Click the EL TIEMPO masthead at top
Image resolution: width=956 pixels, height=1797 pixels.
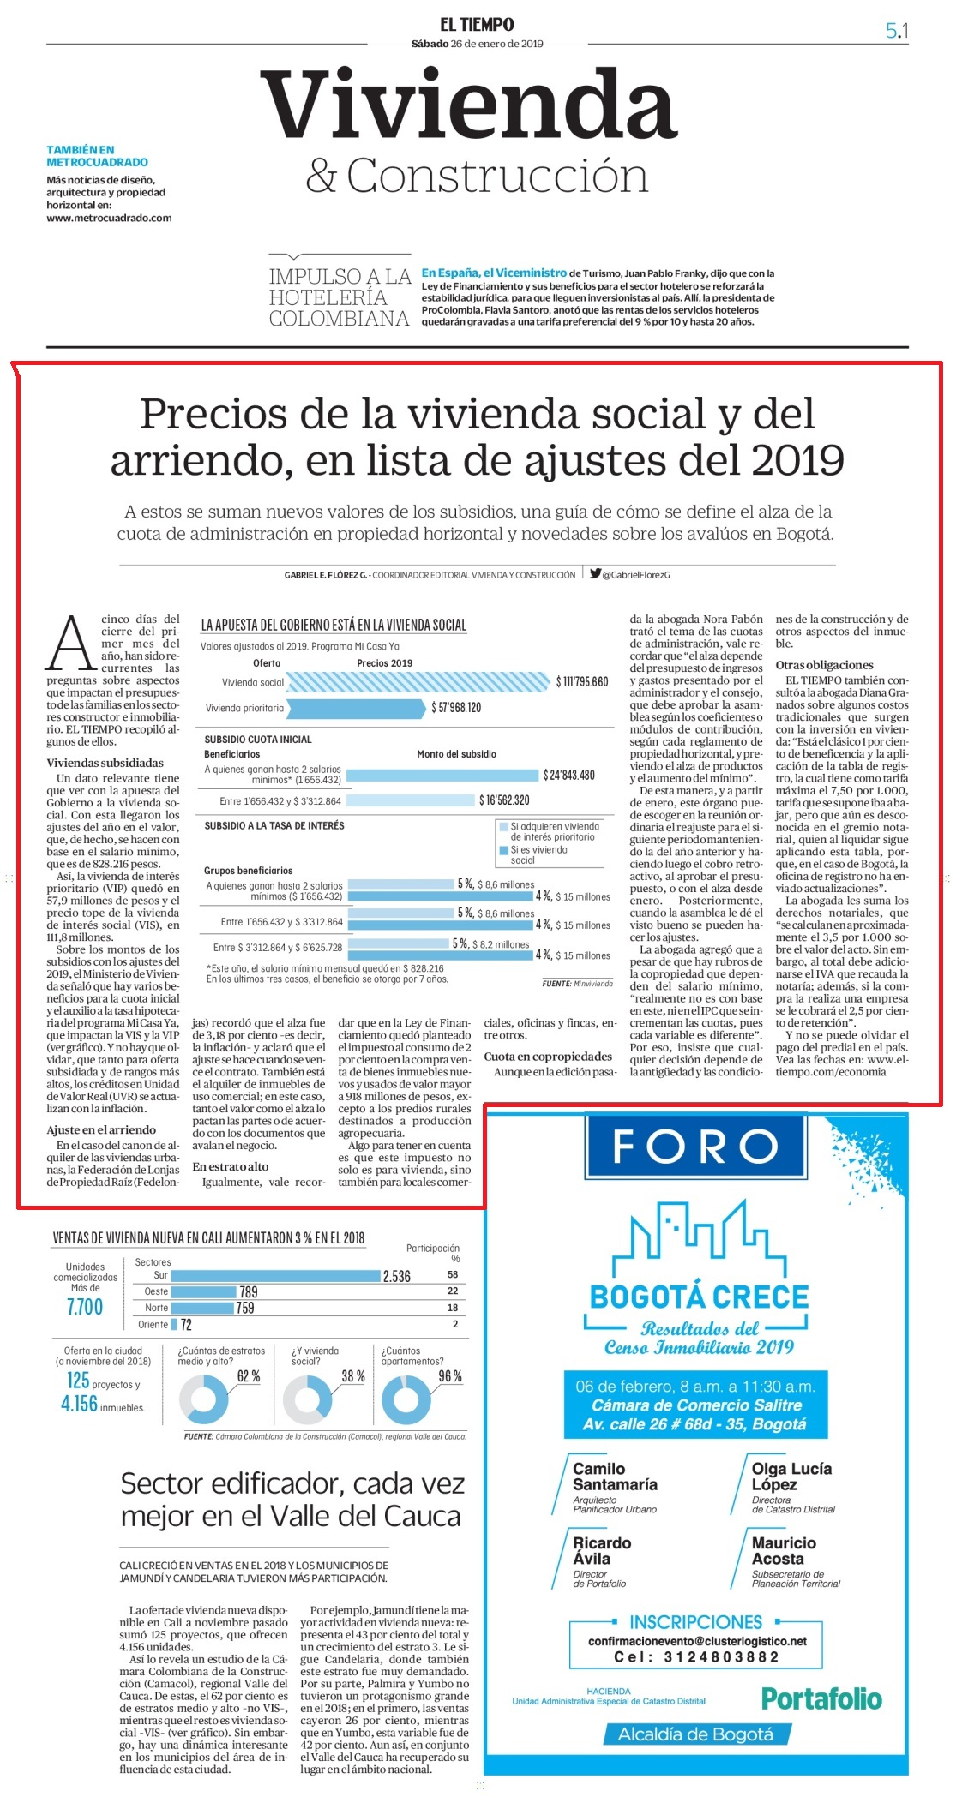click(478, 25)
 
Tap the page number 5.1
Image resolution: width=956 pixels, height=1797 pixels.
click(897, 31)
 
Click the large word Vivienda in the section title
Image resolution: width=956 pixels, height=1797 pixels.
click(469, 105)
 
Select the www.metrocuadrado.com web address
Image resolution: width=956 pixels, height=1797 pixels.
click(109, 218)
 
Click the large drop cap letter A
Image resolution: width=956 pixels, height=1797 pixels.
click(71, 642)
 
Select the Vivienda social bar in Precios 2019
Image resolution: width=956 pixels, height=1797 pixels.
click(418, 682)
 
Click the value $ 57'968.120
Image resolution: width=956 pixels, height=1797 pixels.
click(456, 708)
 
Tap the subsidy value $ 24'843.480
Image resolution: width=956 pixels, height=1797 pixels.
click(568, 775)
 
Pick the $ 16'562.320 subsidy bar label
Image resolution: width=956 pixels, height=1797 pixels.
click(504, 800)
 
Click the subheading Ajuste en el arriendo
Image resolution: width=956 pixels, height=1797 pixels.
click(101, 1129)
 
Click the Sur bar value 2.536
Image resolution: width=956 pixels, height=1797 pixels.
click(396, 1276)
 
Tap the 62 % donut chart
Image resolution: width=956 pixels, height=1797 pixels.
click(204, 1399)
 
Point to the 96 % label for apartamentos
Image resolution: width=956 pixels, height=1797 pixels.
click(450, 1376)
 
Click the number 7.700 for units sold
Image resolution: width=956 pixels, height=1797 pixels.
click(85, 1307)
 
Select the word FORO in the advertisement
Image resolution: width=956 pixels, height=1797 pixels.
click(695, 1146)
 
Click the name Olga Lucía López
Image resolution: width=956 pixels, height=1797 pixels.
click(791, 1477)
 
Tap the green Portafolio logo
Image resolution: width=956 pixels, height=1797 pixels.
click(821, 1698)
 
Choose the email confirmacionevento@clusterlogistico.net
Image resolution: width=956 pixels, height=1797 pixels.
click(697, 1641)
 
